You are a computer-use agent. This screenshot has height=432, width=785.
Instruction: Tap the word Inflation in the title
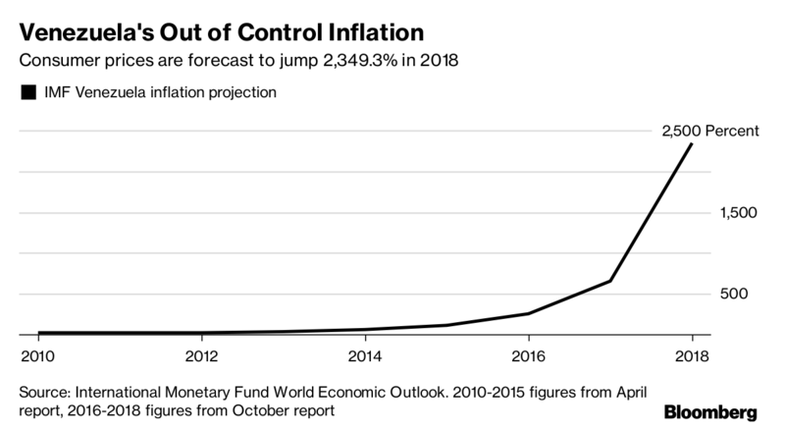374,24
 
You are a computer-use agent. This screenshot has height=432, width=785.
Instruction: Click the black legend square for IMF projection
26,93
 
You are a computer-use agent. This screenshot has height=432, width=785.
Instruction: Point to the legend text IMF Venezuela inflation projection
158,93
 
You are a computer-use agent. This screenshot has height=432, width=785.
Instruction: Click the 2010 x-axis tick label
36,355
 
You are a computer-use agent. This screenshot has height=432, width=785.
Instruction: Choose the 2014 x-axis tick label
364,355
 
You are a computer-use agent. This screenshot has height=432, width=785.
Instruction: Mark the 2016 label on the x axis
528,355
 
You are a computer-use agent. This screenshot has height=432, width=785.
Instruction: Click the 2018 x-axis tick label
692,355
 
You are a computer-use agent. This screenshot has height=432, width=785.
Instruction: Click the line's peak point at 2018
692,144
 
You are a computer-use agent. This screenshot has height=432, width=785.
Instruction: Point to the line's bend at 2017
610,282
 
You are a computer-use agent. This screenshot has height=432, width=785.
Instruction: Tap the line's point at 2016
528,314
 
